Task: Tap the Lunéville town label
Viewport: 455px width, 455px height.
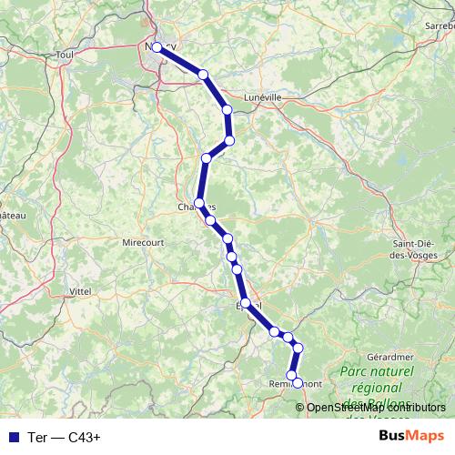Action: click(x=264, y=96)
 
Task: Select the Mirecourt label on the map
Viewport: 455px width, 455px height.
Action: click(x=142, y=243)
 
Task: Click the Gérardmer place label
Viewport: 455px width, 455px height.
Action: click(x=393, y=358)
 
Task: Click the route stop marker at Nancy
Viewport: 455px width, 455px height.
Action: click(x=157, y=47)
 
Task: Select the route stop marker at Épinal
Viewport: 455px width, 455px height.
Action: click(x=246, y=303)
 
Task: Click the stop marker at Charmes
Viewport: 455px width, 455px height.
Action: click(x=199, y=203)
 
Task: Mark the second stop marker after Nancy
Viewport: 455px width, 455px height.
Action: click(x=227, y=110)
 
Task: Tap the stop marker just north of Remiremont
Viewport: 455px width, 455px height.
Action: click(x=292, y=375)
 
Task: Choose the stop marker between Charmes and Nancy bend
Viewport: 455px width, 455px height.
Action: click(x=207, y=158)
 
